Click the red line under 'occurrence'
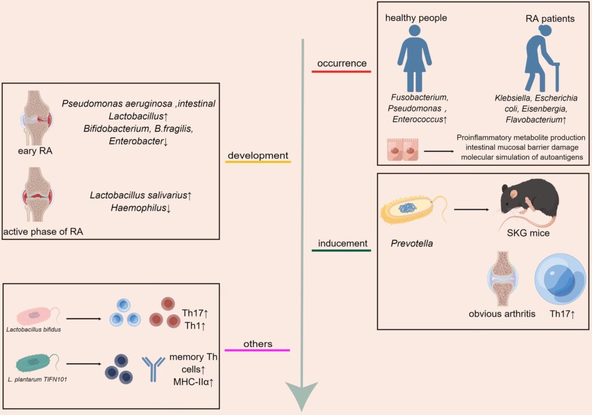(x=341, y=71)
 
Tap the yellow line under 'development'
(x=257, y=162)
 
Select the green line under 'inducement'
(x=341, y=250)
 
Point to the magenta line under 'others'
(x=257, y=350)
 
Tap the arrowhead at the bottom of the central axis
(x=302, y=394)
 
